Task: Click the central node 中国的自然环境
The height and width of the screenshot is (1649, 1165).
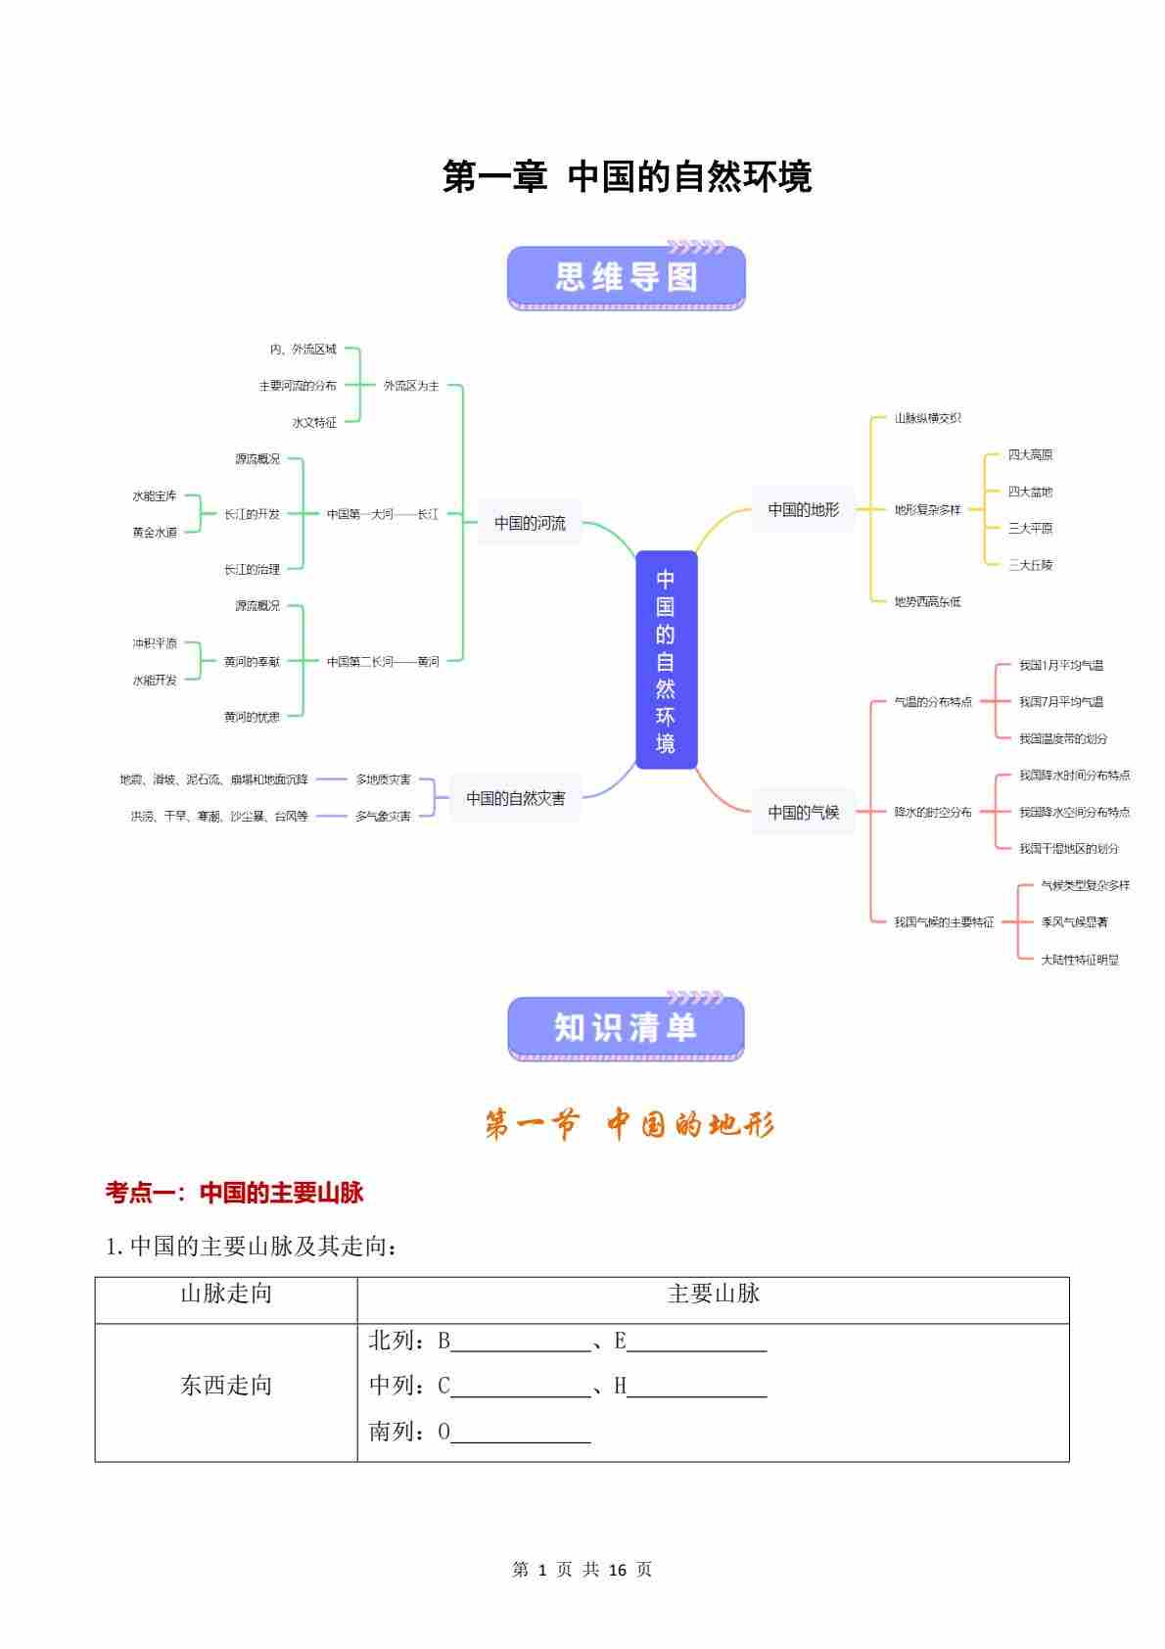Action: coord(666,659)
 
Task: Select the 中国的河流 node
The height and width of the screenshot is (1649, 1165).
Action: coord(530,523)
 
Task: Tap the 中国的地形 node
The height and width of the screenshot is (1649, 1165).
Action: coord(803,509)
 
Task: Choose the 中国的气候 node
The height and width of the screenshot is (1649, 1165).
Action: coord(803,812)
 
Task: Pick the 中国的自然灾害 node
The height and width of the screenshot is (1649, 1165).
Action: coord(515,798)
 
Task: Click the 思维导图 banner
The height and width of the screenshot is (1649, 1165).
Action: coord(627,278)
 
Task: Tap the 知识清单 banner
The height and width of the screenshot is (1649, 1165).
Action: coord(627,1028)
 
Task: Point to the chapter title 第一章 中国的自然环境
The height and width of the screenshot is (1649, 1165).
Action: coord(627,177)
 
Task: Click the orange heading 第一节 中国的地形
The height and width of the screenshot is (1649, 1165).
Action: coord(629,1125)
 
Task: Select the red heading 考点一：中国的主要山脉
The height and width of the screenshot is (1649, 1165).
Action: coord(234,1192)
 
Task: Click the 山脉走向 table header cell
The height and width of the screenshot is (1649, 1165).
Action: coord(226,1295)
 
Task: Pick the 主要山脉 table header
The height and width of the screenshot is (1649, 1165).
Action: coord(713,1295)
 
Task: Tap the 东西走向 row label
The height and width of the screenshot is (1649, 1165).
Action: coord(226,1386)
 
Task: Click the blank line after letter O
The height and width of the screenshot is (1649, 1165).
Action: coord(521,1434)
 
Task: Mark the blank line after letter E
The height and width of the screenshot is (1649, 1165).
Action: coord(696,1343)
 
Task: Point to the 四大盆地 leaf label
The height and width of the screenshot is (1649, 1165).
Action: coord(1030,492)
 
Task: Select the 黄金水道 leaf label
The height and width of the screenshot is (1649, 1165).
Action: coord(155,533)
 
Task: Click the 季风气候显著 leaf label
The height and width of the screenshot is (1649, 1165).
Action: coord(1074,922)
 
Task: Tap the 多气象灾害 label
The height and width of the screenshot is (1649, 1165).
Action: coord(383,816)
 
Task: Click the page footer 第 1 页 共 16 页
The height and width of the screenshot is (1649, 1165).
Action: coord(582,1570)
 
